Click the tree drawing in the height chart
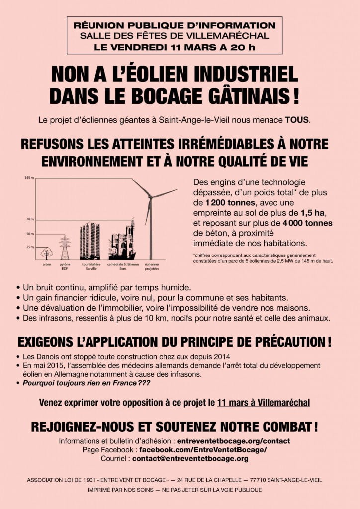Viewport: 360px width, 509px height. pos(46,254)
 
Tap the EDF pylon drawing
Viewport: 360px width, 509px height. pos(64,248)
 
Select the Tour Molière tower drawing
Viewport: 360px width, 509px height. pos(90,241)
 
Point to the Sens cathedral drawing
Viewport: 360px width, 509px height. pos(122,241)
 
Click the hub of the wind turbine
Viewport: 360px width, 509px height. pos(150,197)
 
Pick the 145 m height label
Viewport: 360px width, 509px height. pos(29,178)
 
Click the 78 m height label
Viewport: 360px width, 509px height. pos(29,219)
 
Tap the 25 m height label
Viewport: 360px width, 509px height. pos(29,247)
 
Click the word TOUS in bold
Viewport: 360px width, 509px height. pos(296,120)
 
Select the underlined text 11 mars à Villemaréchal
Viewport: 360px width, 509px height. pos(264,402)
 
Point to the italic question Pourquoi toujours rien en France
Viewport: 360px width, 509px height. pos(86,383)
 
